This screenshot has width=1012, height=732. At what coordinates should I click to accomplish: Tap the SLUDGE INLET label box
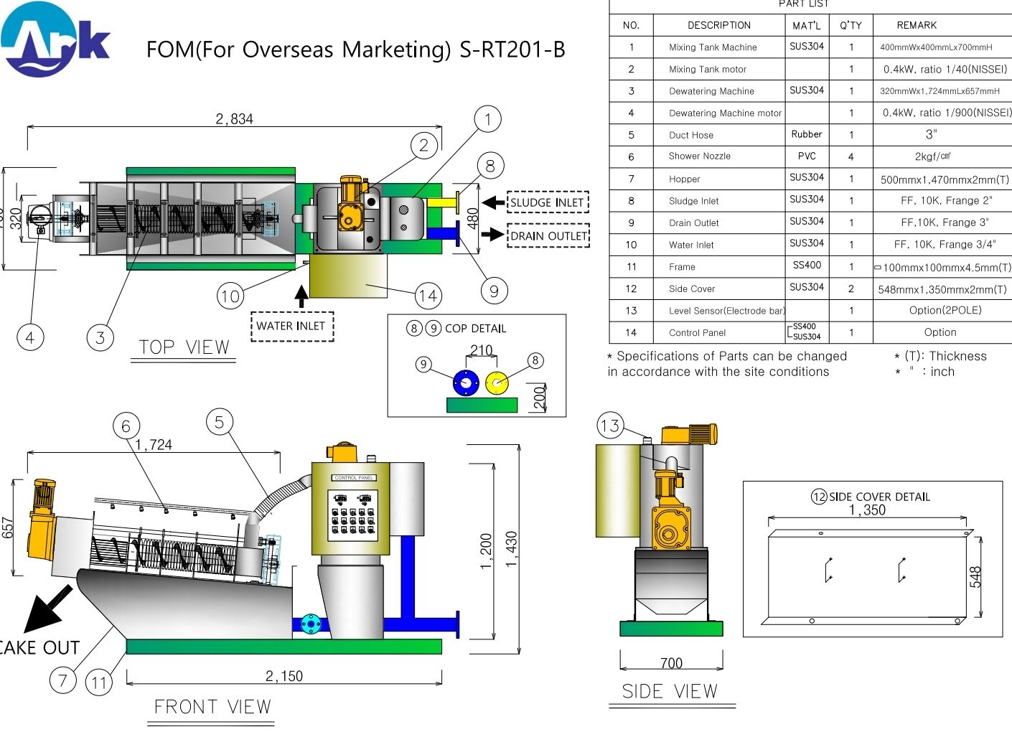coord(548,202)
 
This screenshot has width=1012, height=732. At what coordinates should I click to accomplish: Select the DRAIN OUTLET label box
coord(548,235)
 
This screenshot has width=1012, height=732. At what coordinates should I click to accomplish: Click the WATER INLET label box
coord(291,326)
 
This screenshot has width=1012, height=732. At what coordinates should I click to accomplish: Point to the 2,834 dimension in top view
coord(235,119)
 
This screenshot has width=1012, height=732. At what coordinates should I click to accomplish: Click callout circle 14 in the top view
coord(428,295)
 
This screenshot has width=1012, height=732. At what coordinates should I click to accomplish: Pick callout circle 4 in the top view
coord(30,337)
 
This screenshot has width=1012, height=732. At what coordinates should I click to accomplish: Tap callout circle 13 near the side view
coord(610,426)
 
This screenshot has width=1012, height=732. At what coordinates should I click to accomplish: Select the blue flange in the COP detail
coord(466,383)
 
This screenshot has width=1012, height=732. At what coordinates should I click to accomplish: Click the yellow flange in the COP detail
coord(497,383)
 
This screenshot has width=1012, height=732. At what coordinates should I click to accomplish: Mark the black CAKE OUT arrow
coord(47,609)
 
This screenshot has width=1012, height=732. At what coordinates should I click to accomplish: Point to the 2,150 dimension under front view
coord(284,676)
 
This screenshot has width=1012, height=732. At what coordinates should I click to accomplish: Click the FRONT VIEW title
coord(213,707)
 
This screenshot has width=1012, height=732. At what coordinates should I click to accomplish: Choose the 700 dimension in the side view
coord(671,663)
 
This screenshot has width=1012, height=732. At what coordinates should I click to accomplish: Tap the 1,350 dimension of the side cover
coord(867,510)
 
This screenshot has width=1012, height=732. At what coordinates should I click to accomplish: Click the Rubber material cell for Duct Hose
coord(807,134)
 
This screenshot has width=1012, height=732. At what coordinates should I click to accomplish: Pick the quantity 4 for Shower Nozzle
coord(851,156)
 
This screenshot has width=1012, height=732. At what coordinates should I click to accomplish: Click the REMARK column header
coord(917,25)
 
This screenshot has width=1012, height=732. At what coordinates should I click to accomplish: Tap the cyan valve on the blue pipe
coord(310,624)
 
